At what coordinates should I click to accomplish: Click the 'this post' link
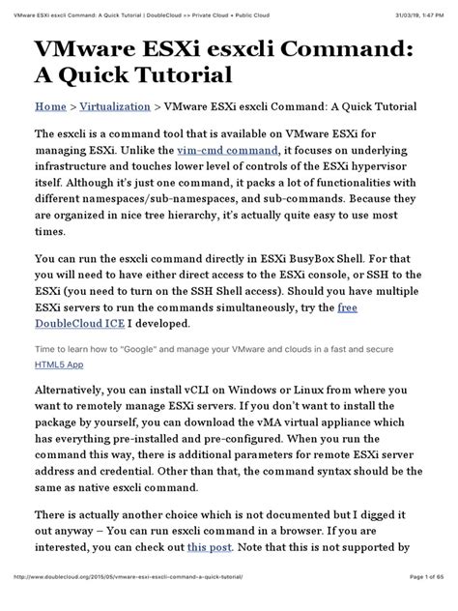209,573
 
